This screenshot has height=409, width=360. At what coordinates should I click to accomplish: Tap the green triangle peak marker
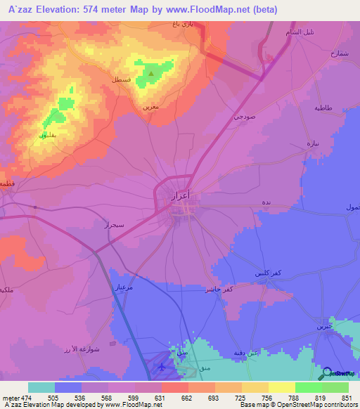coord(151,72)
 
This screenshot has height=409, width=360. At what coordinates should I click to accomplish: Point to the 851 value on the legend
coord(345,397)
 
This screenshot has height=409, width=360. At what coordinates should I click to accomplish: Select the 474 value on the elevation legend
coord(29,397)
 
